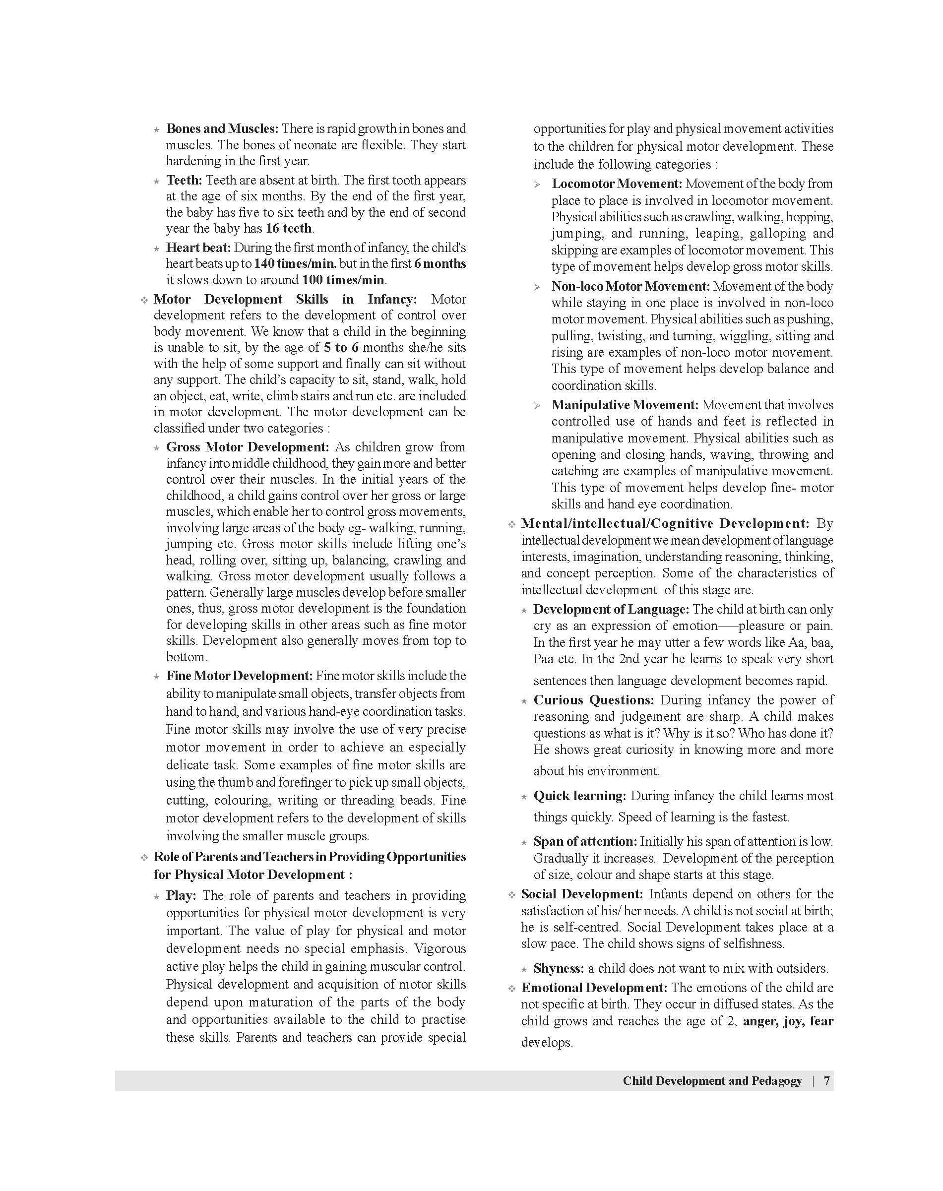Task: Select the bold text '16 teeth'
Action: click(x=289, y=229)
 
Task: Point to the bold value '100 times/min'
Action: click(x=343, y=280)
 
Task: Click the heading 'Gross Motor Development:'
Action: click(x=248, y=447)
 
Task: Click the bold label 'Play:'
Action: click(x=181, y=895)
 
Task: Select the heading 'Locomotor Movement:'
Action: click(x=617, y=184)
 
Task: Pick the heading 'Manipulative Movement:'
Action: click(x=625, y=405)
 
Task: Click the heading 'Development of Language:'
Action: click(x=611, y=610)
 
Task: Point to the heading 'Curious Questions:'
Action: click(x=593, y=700)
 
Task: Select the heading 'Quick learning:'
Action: click(x=580, y=796)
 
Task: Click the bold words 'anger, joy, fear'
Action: click(x=788, y=1021)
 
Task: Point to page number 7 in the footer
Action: click(x=826, y=1080)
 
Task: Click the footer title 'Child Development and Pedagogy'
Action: click(x=712, y=1080)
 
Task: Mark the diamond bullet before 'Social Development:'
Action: click(x=512, y=894)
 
